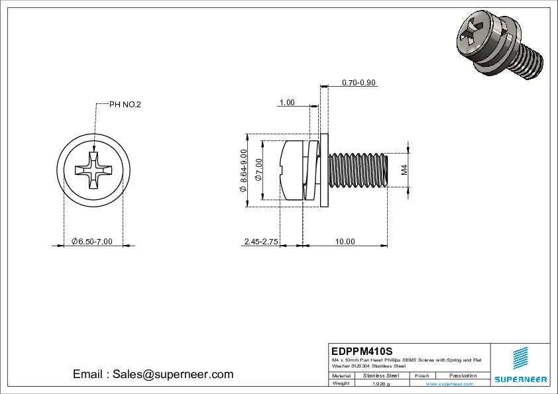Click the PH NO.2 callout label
pos(125,105)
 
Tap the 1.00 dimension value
pos(287,103)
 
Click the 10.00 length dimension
pos(345,242)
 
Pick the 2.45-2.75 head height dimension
pos(261,242)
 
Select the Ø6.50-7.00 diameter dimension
pos(92,242)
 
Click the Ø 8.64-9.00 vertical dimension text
pos(243,171)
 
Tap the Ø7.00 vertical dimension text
pos(259,170)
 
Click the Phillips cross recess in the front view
pos(93,170)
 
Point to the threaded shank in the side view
pos(358,170)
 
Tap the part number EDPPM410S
pos(362,350)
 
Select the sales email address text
pos(153,374)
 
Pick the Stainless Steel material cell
pos(381,375)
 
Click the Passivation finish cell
pos(463,375)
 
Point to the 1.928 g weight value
pos(381,383)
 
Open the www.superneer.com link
pos(453,383)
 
